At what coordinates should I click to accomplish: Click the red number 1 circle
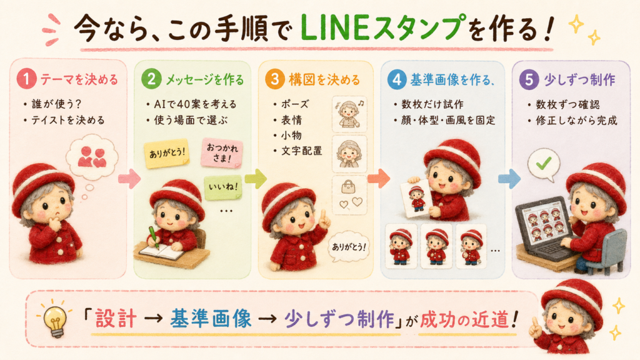(26, 79)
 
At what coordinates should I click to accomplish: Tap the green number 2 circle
(151, 79)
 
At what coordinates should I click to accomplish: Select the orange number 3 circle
(275, 79)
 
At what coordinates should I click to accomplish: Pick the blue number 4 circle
(397, 79)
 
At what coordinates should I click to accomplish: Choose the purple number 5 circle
(529, 79)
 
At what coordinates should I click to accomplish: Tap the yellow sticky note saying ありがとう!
(166, 154)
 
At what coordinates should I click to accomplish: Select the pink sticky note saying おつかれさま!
(222, 152)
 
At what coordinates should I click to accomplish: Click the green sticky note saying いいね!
(223, 187)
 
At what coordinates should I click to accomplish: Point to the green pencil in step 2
(154, 237)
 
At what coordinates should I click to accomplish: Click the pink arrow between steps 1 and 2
(129, 178)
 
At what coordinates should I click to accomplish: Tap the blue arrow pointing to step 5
(509, 178)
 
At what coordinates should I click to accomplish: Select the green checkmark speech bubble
(544, 165)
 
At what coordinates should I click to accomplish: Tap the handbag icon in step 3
(347, 187)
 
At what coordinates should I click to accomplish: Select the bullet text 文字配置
(302, 151)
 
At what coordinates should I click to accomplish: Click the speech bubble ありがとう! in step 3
(349, 247)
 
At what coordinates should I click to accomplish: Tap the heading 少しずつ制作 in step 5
(579, 79)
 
